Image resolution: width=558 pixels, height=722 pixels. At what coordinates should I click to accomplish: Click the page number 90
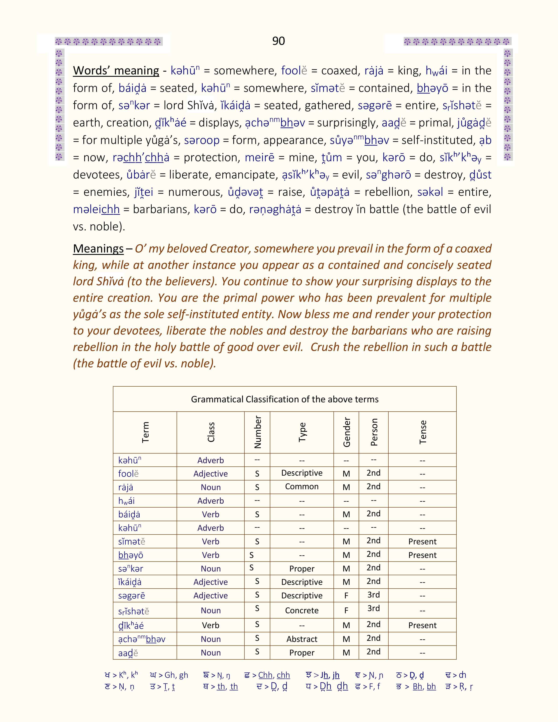[x=278, y=41]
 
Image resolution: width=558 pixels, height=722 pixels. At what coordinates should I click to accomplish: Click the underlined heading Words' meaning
[x=116, y=71]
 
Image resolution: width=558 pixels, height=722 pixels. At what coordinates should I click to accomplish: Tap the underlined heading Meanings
[x=98, y=249]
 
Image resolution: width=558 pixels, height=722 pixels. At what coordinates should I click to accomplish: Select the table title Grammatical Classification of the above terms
[x=285, y=399]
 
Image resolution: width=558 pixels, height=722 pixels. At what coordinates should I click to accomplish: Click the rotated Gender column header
[x=346, y=432]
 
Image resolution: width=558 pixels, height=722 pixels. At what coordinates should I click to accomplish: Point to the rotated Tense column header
[x=423, y=432]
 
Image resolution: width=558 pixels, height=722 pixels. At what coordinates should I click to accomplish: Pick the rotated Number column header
[x=257, y=432]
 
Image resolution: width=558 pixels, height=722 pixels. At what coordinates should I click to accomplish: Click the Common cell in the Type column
[x=302, y=487]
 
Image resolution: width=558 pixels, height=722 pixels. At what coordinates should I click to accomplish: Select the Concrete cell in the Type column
[x=302, y=611]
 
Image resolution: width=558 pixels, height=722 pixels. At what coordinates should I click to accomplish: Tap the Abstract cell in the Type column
[x=302, y=639]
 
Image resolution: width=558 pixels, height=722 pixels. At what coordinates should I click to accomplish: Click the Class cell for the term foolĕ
[x=211, y=474]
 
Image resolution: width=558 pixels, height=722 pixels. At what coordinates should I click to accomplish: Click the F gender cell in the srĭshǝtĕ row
[x=346, y=611]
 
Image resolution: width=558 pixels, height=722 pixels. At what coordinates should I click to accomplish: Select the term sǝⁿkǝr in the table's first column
[x=131, y=569]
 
